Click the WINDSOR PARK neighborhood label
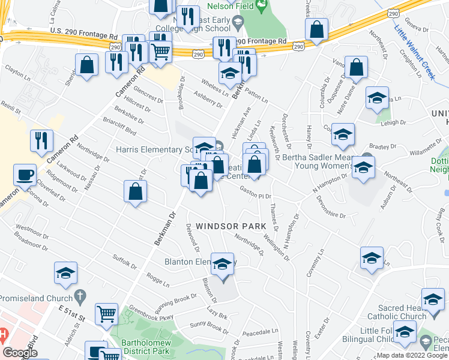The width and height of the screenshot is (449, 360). (223, 226)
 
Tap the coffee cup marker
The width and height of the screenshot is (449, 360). (25, 175)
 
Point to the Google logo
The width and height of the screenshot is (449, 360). (20, 353)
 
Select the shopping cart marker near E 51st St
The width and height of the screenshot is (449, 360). (106, 313)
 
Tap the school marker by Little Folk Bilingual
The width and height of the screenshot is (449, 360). (405, 332)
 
